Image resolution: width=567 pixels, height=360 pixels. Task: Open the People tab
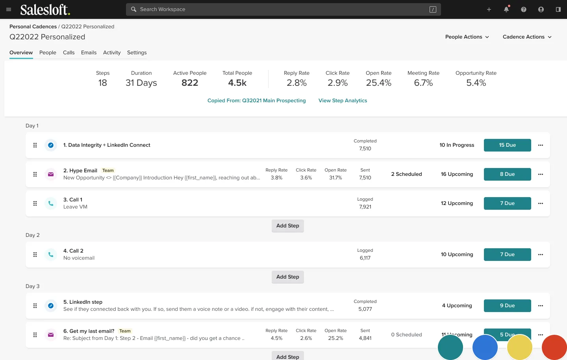tap(48, 53)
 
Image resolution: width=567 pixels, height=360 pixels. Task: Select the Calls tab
tap(69, 53)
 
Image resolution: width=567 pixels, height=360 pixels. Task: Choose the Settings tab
tap(137, 53)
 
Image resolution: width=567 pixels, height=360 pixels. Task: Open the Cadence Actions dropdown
tap(527, 37)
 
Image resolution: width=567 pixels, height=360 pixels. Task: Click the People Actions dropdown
tap(467, 37)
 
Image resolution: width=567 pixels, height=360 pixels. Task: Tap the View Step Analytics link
tap(343, 101)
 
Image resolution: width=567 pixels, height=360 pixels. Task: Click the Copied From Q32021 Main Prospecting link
tap(256, 101)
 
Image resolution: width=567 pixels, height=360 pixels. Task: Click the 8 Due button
tap(507, 174)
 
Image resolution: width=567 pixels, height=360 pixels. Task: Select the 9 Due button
tap(507, 306)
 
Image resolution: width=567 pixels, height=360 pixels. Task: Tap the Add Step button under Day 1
tap(287, 226)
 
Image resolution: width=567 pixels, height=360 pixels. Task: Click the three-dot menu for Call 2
tap(541, 255)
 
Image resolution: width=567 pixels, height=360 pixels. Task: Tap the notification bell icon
tap(506, 9)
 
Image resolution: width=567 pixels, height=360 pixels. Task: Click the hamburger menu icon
tap(9, 9)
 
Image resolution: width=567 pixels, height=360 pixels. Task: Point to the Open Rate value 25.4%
tap(378, 83)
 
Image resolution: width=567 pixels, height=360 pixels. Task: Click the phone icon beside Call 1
tap(51, 203)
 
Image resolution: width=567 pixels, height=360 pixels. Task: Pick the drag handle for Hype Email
tap(35, 174)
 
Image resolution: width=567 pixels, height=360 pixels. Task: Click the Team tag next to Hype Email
tap(108, 171)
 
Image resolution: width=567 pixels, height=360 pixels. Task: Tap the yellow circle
tap(519, 347)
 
